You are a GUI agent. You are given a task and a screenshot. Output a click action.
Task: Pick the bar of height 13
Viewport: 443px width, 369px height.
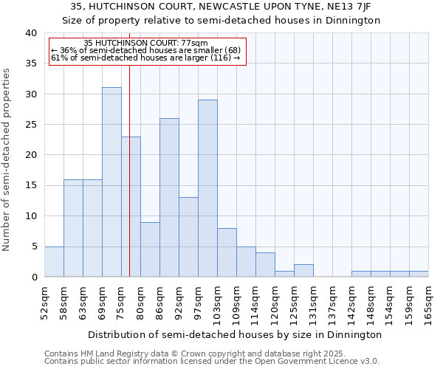coord(188,237)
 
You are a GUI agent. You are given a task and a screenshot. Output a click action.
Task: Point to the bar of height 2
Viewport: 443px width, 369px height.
coord(303,271)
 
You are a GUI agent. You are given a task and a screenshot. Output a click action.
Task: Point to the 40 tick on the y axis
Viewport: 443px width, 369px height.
coord(30,33)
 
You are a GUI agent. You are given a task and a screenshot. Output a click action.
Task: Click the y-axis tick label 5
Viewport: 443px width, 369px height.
coord(33,246)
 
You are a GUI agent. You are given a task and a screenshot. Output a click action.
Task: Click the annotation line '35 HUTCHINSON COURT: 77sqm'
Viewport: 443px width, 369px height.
coord(146,44)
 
